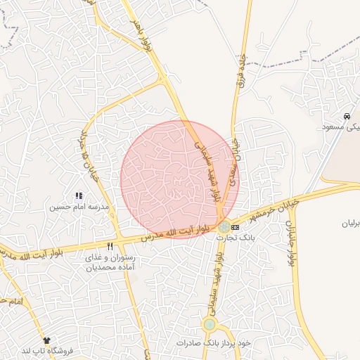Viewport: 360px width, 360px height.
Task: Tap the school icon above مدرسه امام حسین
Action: pyautogui.click(x=78, y=195)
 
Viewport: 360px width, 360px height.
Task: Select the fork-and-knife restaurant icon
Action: pyautogui.click(x=110, y=247)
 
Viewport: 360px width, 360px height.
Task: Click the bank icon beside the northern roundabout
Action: pyautogui.click(x=235, y=227)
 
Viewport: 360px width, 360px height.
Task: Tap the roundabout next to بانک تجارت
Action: pyautogui.click(x=224, y=227)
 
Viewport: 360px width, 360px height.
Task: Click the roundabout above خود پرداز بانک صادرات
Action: pyautogui.click(x=210, y=324)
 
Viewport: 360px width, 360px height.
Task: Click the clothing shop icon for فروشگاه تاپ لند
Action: pyautogui.click(x=47, y=340)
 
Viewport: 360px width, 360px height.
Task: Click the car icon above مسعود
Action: pyautogui.click(x=347, y=115)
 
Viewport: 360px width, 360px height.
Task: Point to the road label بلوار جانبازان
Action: pyautogui.click(x=291, y=243)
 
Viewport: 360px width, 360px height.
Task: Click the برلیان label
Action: pyautogui.click(x=349, y=223)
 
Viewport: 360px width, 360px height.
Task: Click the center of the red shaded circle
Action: pyautogui.click(x=179, y=179)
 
